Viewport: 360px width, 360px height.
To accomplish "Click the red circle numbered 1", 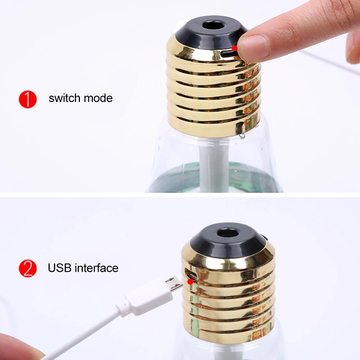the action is point(28,99).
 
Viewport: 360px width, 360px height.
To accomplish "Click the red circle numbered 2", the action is point(28,269).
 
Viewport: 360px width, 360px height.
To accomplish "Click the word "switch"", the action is point(64,98).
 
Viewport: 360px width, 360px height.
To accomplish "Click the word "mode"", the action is point(98,98).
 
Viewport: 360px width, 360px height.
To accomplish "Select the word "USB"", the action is point(60,268).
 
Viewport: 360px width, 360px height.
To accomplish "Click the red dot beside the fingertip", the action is point(235,48).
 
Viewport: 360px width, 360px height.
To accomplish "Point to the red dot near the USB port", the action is point(190,282).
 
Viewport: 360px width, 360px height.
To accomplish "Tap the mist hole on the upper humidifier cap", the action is point(213,26).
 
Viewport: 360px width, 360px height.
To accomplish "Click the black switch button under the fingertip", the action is point(229,54).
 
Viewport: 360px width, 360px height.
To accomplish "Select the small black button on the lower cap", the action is point(264,237).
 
